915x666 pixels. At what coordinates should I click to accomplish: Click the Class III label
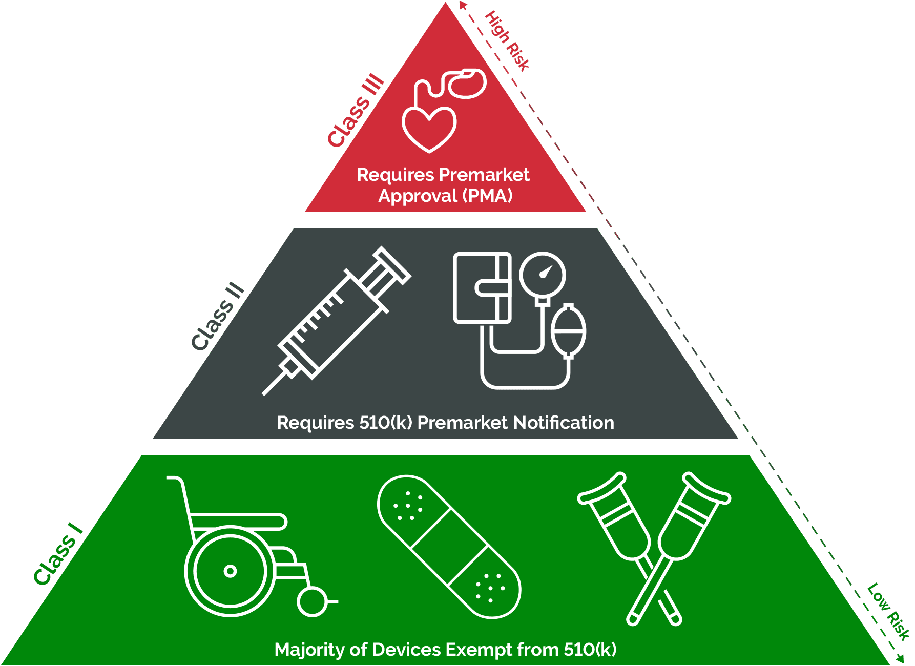click(356, 111)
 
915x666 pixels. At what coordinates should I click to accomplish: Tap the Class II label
click(218, 316)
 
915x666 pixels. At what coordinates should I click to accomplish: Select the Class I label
click(57, 554)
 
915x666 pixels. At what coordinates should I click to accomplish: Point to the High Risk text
click(507, 40)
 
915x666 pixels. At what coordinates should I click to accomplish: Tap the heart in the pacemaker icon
click(429, 128)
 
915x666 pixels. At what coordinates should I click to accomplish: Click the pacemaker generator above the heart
click(467, 84)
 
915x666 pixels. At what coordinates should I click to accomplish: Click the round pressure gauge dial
click(543, 275)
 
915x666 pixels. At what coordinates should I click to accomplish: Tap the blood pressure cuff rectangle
click(482, 287)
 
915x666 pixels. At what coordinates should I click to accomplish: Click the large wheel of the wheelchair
click(230, 571)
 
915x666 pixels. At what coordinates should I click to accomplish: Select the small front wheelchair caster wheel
click(312, 601)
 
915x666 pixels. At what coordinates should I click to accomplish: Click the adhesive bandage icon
click(449, 547)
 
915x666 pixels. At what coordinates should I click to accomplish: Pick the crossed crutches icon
click(654, 547)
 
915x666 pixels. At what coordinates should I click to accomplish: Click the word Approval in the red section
click(418, 196)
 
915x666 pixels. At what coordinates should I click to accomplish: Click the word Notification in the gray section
click(564, 423)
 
